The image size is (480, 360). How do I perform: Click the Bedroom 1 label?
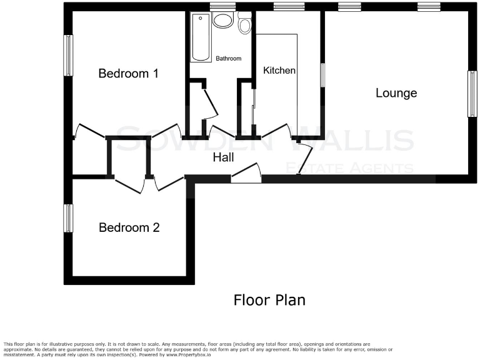click(x=128, y=74)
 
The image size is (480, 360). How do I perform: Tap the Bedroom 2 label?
click(x=129, y=227)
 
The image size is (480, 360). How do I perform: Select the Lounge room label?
click(x=396, y=93)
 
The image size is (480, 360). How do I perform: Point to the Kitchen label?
click(x=279, y=71)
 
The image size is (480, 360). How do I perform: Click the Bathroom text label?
click(x=228, y=59)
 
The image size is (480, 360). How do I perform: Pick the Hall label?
click(x=223, y=157)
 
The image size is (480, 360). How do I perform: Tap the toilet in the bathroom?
click(x=244, y=24)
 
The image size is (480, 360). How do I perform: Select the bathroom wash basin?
click(x=222, y=20)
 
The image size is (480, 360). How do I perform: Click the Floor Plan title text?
click(x=269, y=300)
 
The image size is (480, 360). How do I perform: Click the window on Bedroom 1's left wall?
click(x=68, y=55)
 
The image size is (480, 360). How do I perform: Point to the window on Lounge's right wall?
click(x=472, y=93)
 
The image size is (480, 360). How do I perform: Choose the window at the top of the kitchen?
click(x=289, y=7)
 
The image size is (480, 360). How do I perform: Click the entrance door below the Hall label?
click(x=246, y=174)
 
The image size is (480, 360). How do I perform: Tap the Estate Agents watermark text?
click(x=349, y=167)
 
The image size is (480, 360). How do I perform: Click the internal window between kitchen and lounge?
click(x=322, y=75)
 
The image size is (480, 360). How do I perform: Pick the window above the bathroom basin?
click(x=222, y=7)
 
